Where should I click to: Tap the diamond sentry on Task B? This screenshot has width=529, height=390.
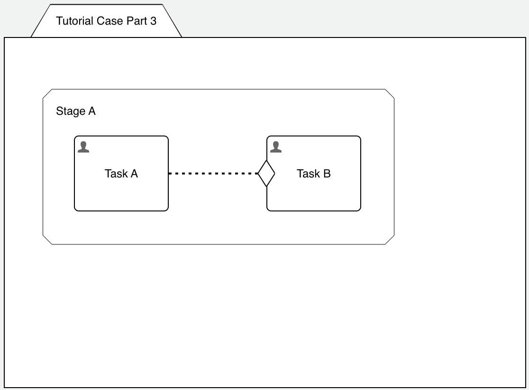tap(266, 174)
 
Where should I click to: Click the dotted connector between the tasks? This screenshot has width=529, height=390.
tap(213, 174)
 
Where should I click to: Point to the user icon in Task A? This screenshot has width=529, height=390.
tap(83, 147)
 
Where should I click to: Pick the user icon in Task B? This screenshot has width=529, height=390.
tap(276, 147)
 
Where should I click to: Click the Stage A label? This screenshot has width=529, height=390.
tap(76, 111)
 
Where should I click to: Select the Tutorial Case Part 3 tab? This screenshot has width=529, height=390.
tap(106, 21)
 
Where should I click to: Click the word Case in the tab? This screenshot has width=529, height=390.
tap(107, 21)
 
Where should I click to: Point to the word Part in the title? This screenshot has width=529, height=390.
tap(135, 21)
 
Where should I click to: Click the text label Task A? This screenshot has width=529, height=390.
tap(121, 174)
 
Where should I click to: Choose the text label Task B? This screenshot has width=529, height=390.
tap(314, 174)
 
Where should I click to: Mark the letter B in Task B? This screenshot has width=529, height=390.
tap(327, 174)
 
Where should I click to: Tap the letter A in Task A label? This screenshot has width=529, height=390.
tap(134, 174)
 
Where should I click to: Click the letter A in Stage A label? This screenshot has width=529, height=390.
tap(92, 111)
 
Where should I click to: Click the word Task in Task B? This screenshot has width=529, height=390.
tap(308, 174)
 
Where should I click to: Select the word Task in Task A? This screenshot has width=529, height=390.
tap(116, 174)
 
